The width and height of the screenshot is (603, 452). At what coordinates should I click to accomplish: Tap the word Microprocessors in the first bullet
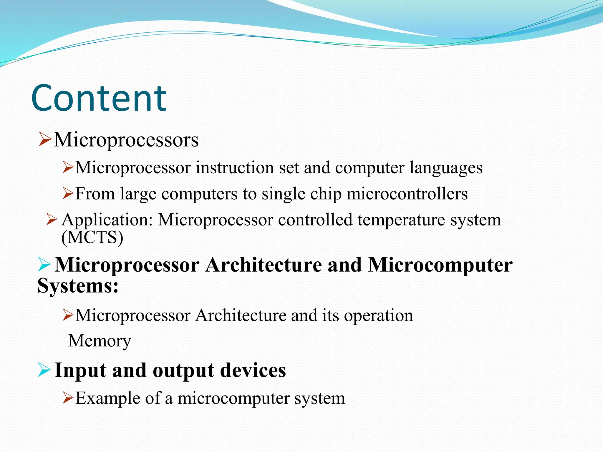click(126, 139)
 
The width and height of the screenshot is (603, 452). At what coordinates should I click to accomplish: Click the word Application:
click(107, 220)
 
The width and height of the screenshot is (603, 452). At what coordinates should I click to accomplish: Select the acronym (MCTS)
click(92, 237)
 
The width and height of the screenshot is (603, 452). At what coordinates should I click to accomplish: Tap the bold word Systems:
click(78, 285)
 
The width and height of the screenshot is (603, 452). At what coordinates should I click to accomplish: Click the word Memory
click(100, 341)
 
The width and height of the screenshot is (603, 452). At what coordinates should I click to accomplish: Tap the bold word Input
click(80, 370)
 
